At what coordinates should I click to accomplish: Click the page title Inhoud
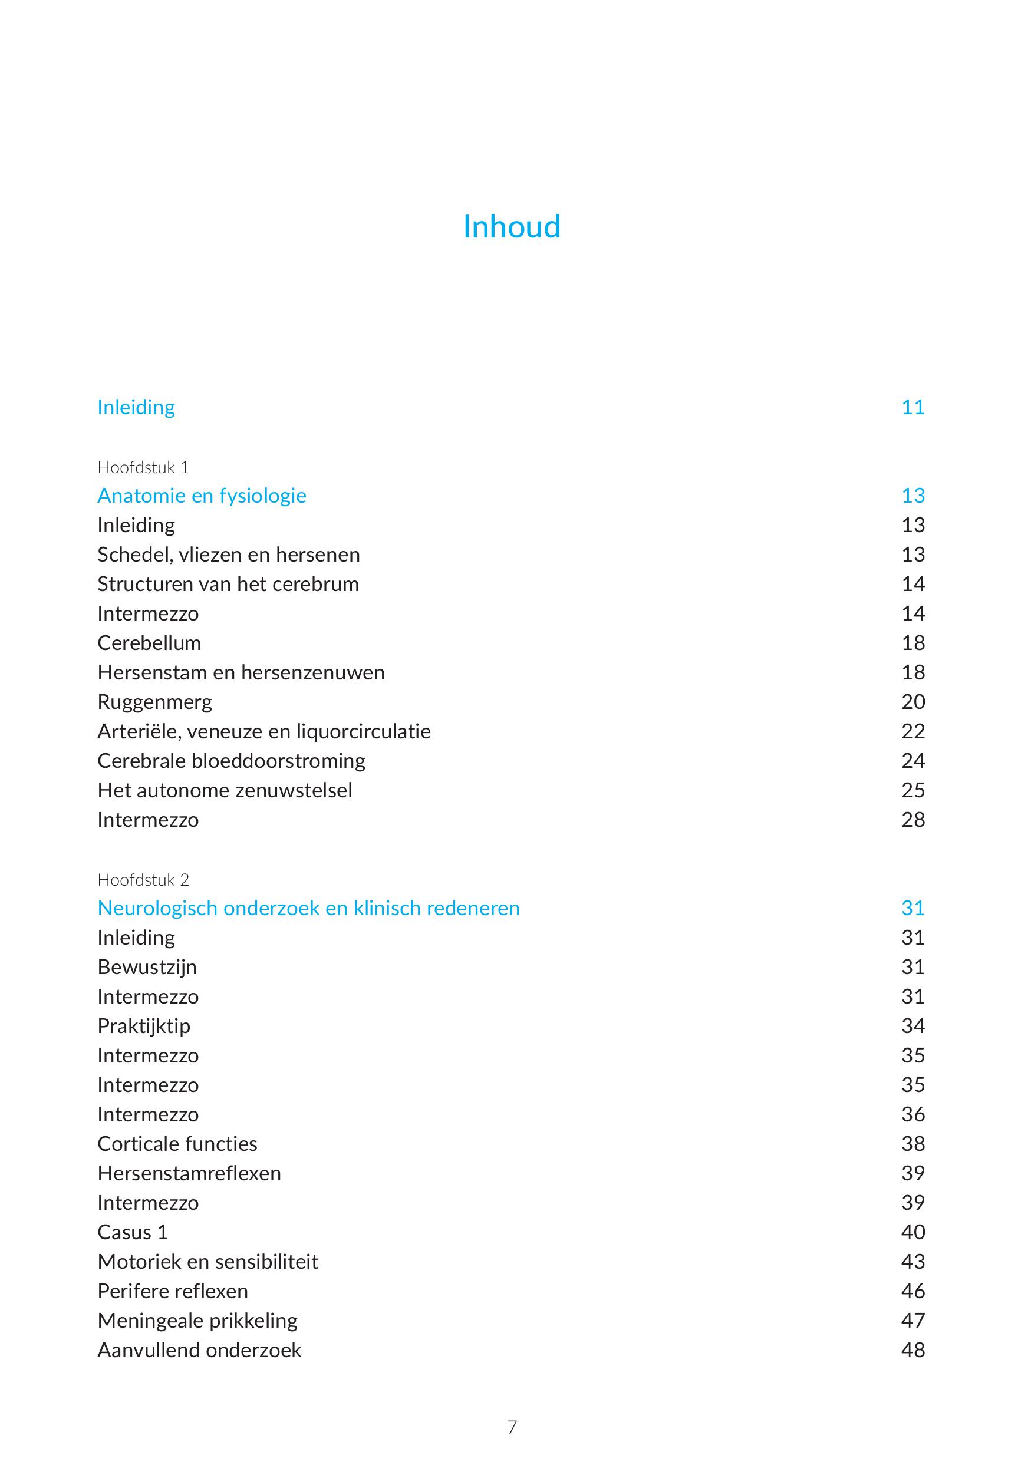[511, 227]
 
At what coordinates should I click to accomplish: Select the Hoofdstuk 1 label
[143, 467]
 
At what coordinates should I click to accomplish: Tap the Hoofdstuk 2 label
[143, 880]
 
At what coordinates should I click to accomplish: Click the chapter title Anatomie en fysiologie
[202, 496]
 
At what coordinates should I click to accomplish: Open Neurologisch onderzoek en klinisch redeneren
[308, 908]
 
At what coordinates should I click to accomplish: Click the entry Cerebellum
[149, 643]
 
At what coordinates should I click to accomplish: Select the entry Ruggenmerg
[155, 702]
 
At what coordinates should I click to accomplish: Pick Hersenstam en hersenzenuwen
[241, 672]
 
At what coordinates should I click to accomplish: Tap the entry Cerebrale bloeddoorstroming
[231, 761]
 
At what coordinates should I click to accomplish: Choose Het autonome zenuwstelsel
[224, 790]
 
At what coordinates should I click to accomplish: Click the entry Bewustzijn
[147, 967]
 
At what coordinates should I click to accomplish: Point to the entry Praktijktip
[144, 1027]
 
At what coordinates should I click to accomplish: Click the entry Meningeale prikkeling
[197, 1321]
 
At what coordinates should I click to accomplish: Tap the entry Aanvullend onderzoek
[199, 1350]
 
